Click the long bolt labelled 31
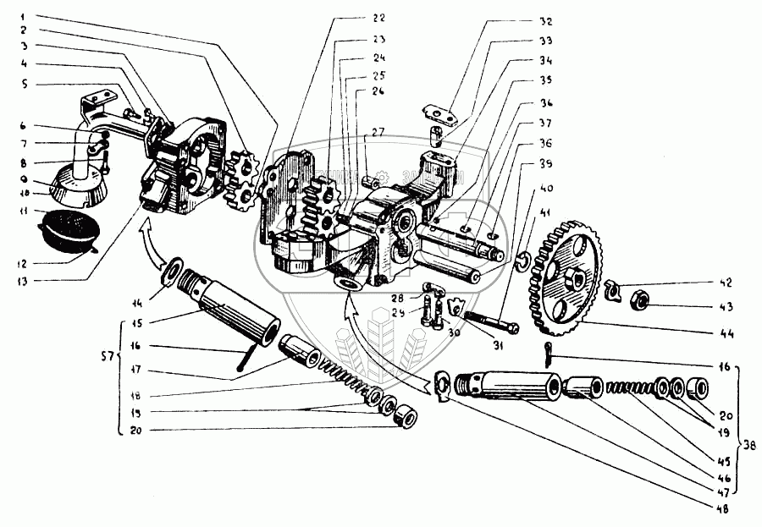point(489,322)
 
